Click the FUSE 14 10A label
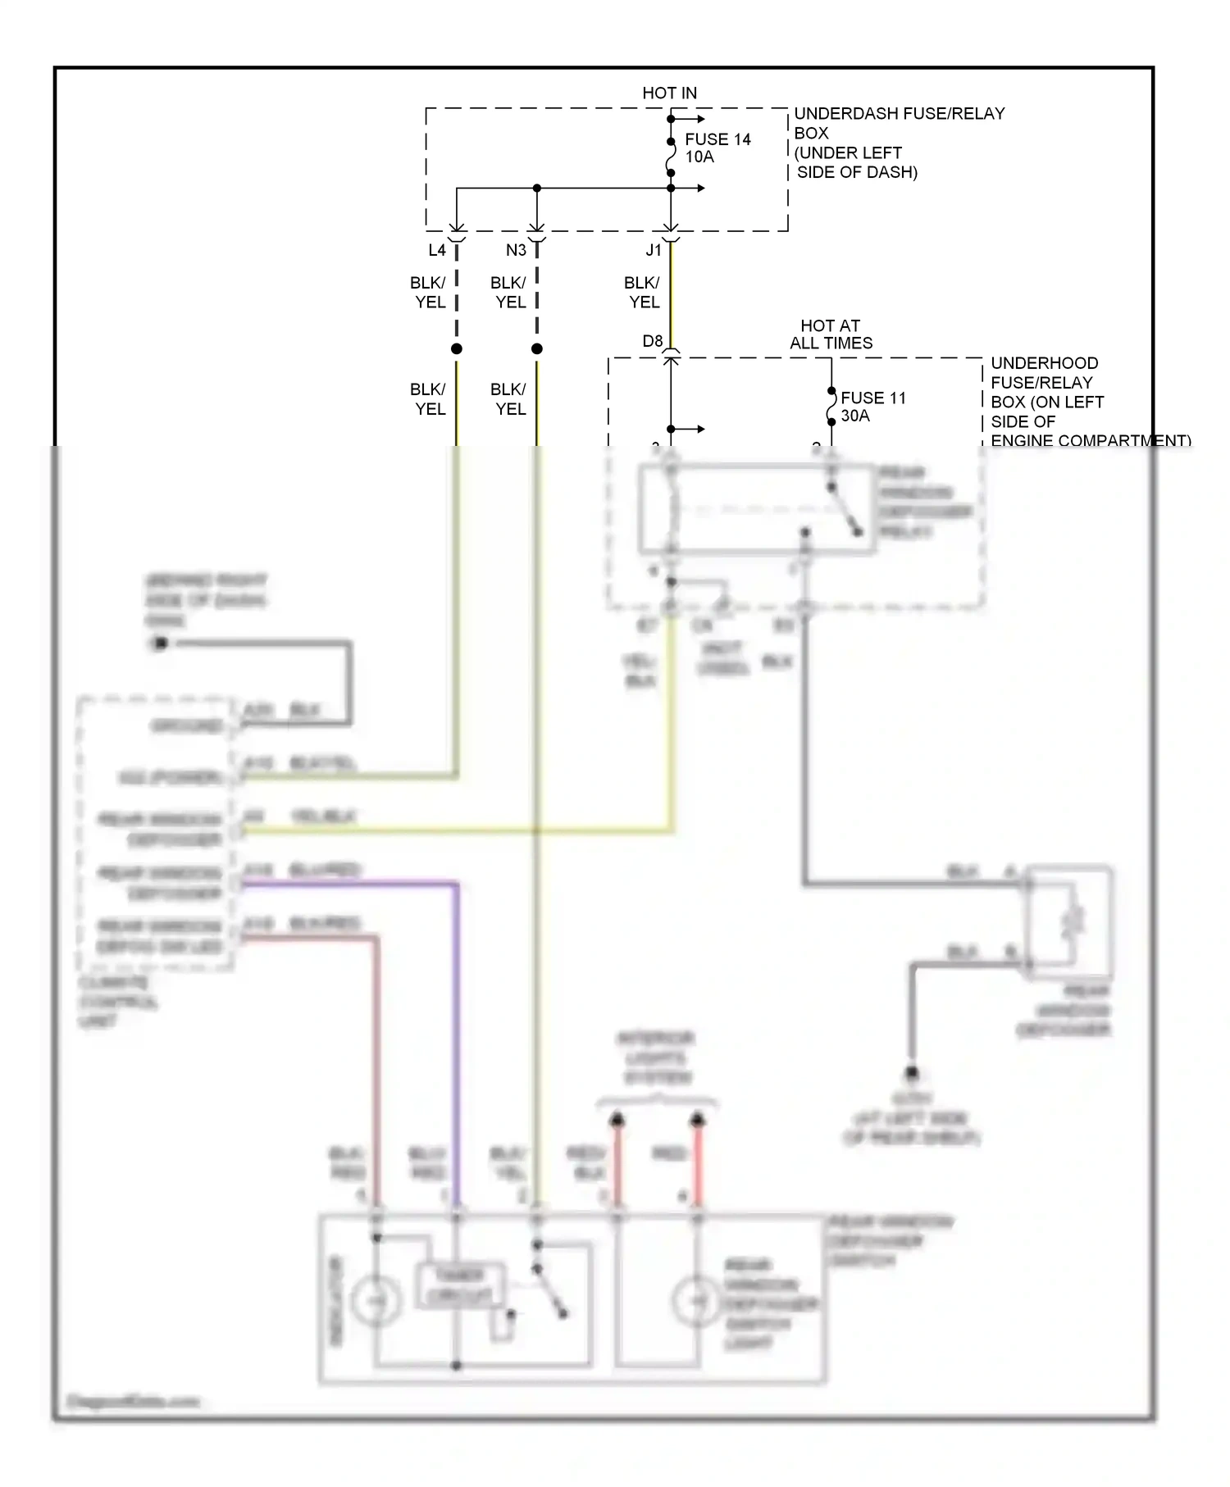click(717, 148)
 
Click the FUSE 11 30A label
click(872, 407)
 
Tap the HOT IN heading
click(669, 93)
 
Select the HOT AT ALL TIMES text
click(831, 334)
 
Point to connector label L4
click(436, 250)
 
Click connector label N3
click(516, 250)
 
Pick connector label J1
click(654, 250)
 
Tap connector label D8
click(652, 341)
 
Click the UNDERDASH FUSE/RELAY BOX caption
click(898, 143)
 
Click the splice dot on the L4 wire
click(457, 349)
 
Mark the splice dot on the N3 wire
click(537, 349)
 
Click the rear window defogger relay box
click(756, 510)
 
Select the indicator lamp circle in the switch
click(376, 1301)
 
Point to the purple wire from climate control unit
click(456, 1025)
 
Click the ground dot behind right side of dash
click(160, 643)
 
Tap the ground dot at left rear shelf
click(911, 1073)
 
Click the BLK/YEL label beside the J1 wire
click(643, 293)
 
